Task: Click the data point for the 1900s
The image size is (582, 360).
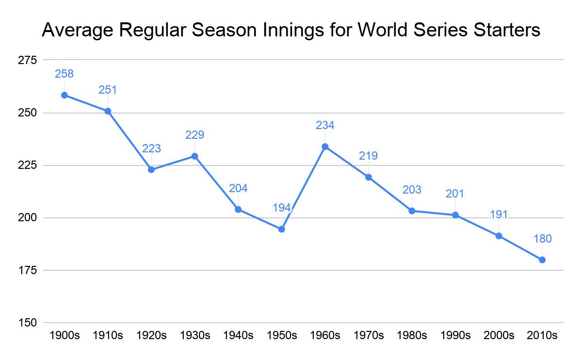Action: tap(65, 95)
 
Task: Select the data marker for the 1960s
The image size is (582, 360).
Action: tap(325, 147)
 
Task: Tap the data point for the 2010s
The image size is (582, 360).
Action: tap(542, 260)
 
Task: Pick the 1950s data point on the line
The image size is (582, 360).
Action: tap(281, 229)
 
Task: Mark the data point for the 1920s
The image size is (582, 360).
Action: tap(151, 170)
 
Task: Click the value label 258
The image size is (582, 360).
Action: tap(65, 74)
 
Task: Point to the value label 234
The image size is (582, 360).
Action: tap(325, 125)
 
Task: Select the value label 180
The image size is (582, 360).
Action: tap(542, 239)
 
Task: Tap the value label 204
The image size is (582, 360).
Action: tap(238, 188)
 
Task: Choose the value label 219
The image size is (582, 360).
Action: tap(369, 156)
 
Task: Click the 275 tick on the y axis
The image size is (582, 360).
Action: tap(27, 60)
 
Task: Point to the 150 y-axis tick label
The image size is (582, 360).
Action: tap(27, 323)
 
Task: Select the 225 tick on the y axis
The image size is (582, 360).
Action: tap(27, 165)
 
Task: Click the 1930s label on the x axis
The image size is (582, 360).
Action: tap(194, 335)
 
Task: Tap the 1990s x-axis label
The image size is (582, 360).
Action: tap(455, 335)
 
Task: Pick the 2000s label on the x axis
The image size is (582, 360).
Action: tap(499, 335)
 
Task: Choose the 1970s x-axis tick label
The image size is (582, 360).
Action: tap(369, 335)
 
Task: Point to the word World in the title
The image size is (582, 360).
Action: tap(383, 30)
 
